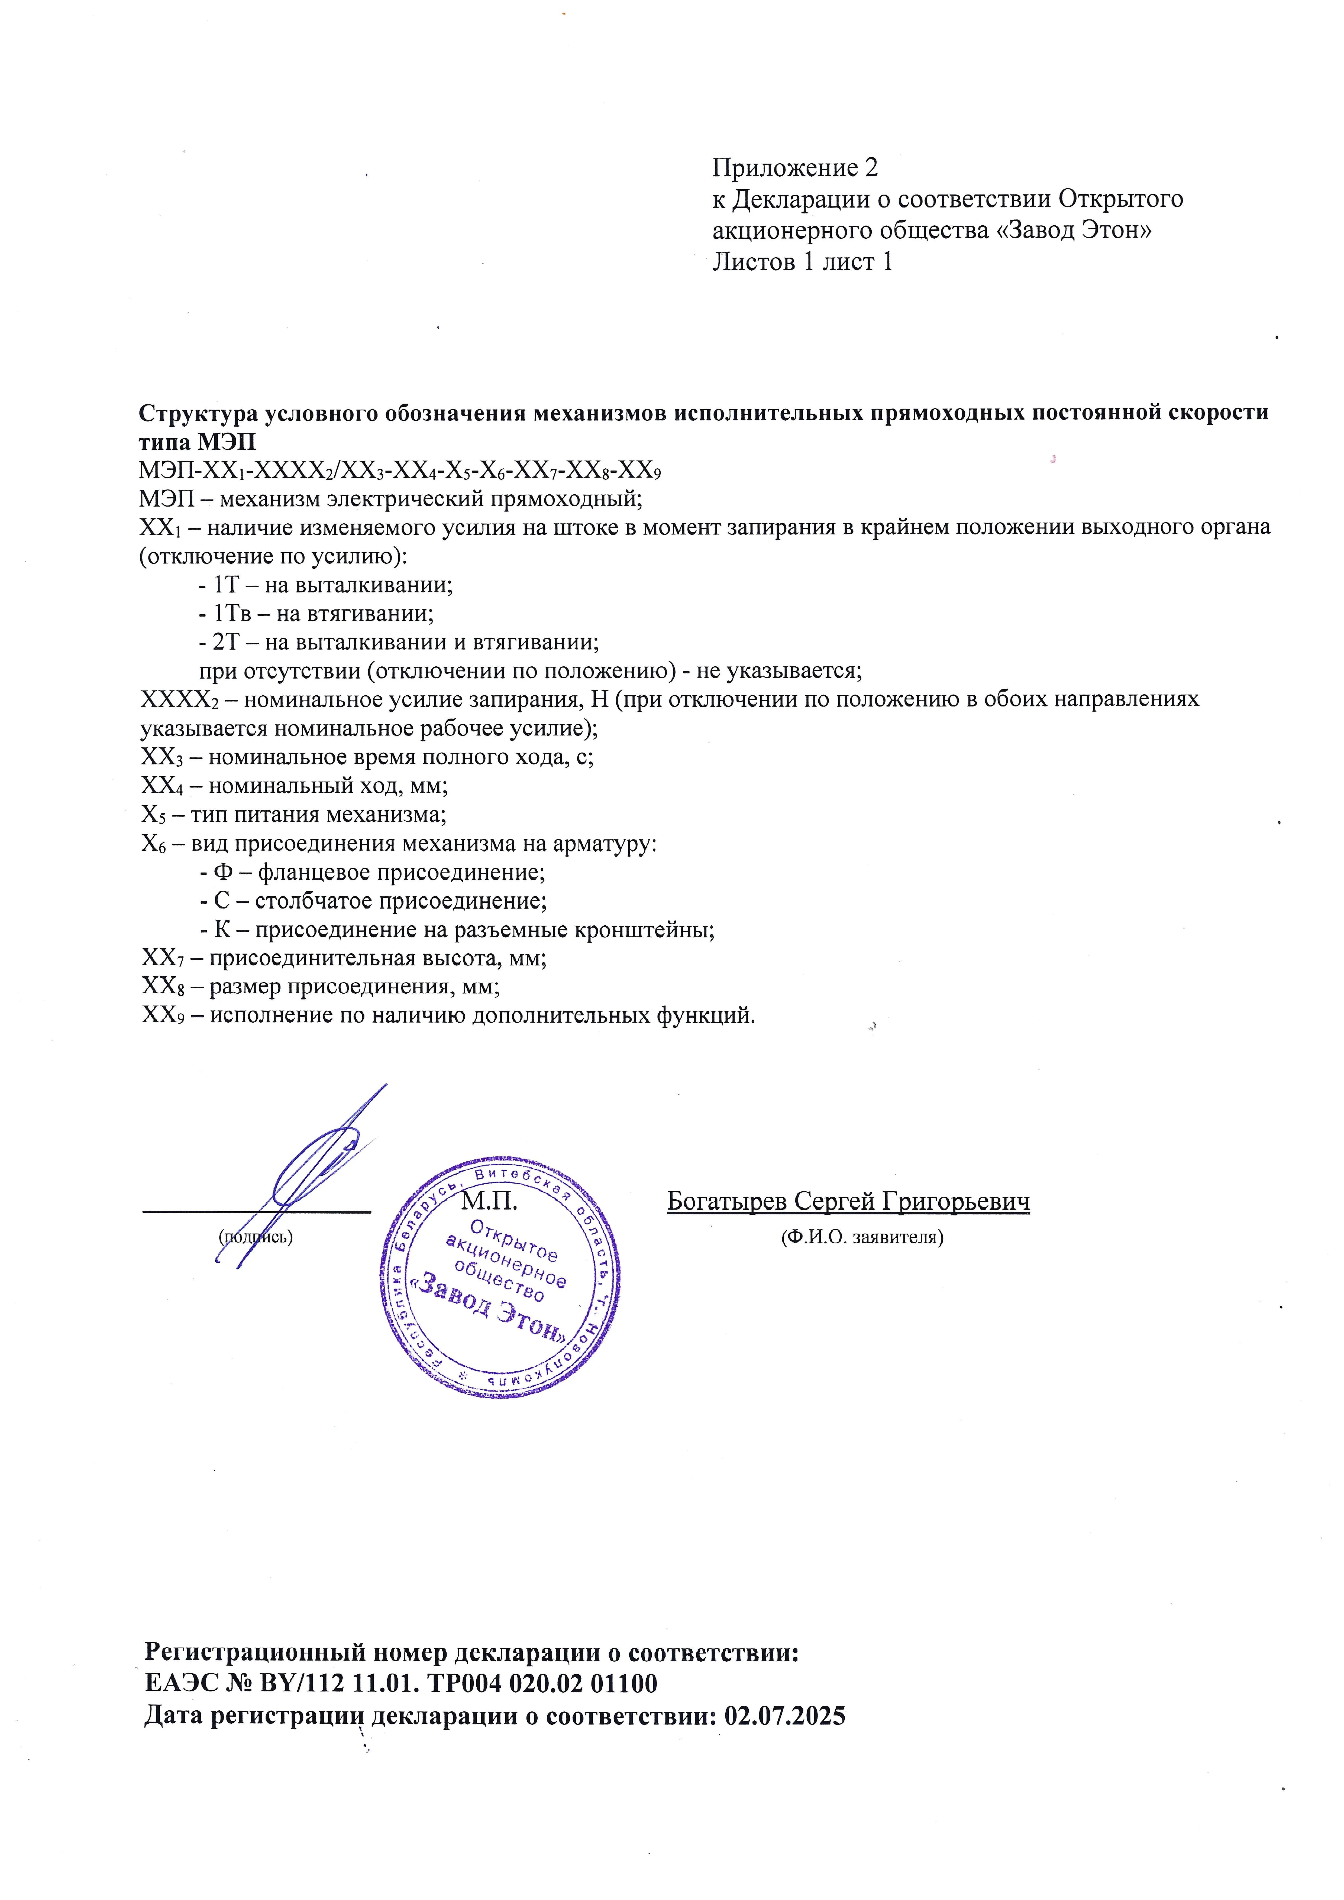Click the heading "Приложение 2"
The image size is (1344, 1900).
click(x=794, y=168)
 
